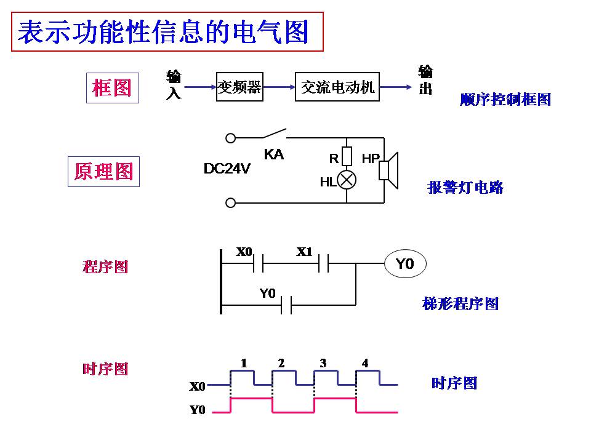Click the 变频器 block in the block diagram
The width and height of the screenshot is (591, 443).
239,87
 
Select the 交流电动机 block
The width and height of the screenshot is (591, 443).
337,87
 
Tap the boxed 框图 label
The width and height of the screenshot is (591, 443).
112,87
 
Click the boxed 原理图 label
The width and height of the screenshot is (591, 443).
103,172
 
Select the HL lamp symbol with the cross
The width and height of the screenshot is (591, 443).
347,180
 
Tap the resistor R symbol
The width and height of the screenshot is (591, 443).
347,157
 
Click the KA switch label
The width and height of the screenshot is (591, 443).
273,154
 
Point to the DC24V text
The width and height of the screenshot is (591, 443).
227,169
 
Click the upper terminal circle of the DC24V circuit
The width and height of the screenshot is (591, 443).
231,138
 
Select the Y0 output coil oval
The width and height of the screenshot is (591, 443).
404,264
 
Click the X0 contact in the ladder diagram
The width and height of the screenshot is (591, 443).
259,264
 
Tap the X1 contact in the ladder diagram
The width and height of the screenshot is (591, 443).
324,264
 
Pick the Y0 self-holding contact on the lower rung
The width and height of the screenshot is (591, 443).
286,305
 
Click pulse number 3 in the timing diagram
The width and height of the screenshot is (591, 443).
323,363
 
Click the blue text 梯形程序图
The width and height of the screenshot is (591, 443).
460,303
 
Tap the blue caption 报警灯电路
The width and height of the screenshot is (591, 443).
465,188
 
